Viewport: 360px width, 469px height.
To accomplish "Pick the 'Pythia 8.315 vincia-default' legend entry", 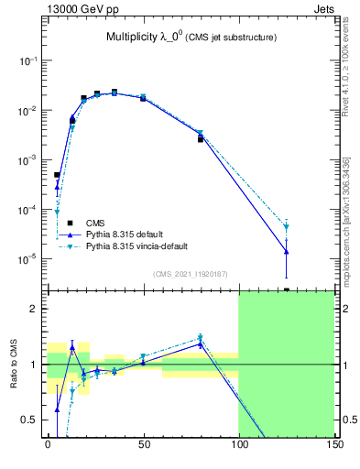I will [x=138, y=246].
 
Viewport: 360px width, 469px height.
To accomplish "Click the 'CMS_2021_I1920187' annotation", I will [x=190, y=274].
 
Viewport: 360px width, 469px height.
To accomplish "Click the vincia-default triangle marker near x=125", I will [x=287, y=226].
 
